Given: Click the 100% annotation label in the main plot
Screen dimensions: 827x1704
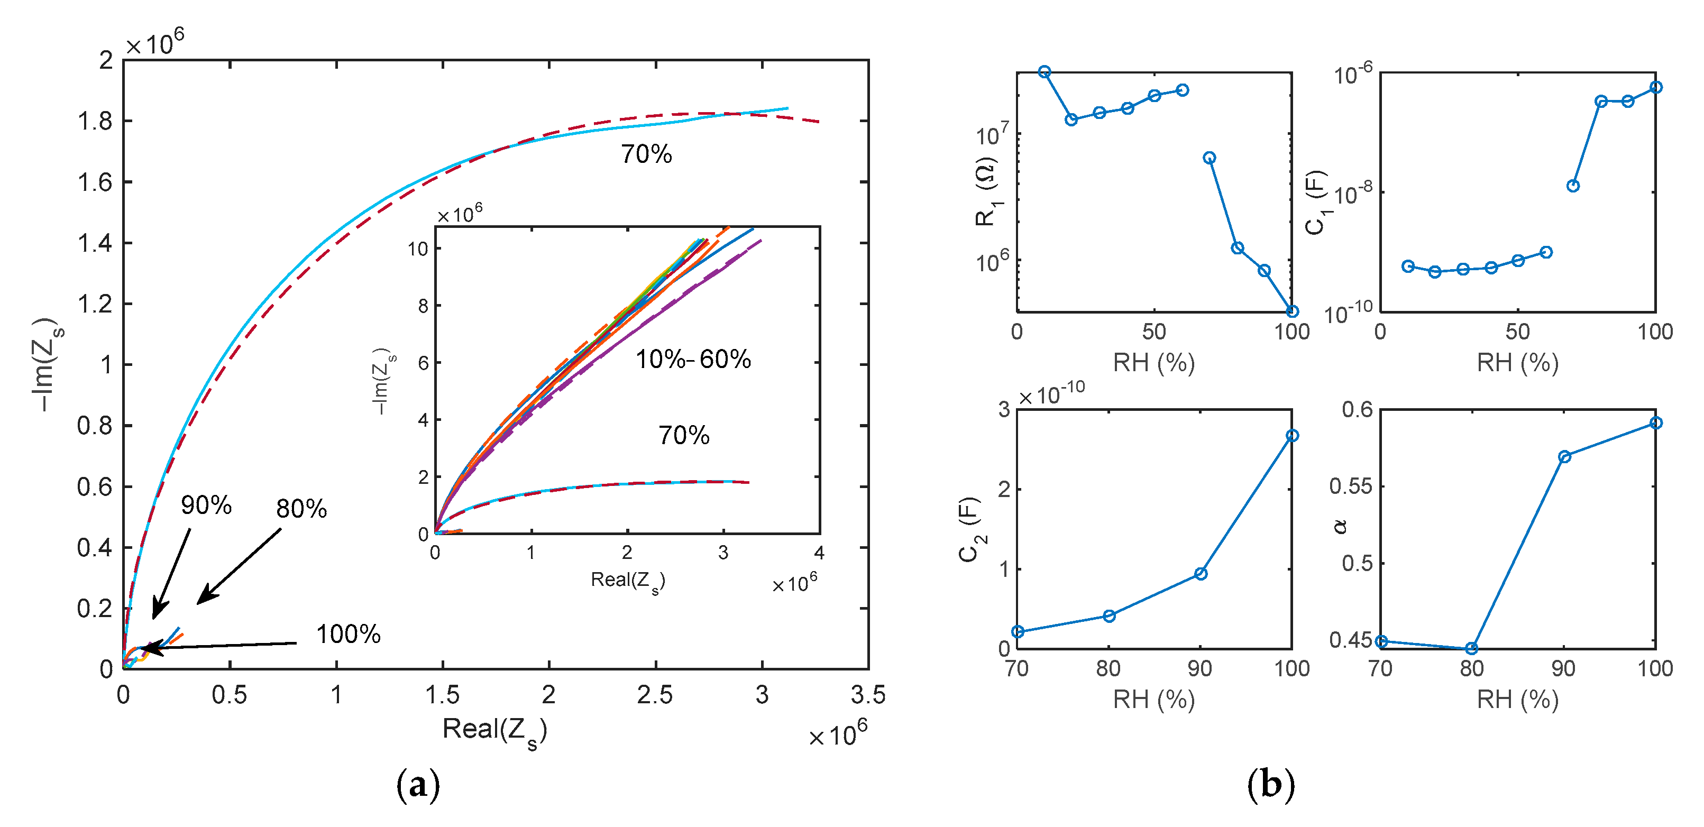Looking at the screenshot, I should [348, 635].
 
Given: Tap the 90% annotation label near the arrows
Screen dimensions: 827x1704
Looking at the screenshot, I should [206, 506].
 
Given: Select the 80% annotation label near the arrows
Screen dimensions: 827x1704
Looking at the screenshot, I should [301, 509].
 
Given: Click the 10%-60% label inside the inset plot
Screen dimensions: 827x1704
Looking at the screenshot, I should [693, 359].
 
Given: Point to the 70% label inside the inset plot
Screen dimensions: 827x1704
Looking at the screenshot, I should [683, 435].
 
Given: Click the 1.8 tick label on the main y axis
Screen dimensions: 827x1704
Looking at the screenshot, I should [95, 122].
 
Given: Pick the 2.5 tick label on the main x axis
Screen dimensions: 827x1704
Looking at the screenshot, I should [654, 695].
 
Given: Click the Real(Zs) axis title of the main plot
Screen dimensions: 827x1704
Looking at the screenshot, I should [494, 730].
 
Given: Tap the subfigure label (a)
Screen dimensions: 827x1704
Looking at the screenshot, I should [417, 785].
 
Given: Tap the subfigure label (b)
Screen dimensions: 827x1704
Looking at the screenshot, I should [1270, 785].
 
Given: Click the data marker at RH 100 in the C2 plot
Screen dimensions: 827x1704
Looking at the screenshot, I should [1292, 435].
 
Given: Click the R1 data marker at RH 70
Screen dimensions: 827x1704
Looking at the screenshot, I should [1209, 158].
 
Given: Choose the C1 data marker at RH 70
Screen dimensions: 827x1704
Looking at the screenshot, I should [1573, 186].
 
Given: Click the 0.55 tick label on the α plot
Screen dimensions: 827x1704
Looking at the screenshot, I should [1351, 486].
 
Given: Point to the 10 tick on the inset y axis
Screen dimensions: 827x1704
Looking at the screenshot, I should [418, 249].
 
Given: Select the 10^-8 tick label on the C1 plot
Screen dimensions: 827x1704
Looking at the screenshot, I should [1353, 193].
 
